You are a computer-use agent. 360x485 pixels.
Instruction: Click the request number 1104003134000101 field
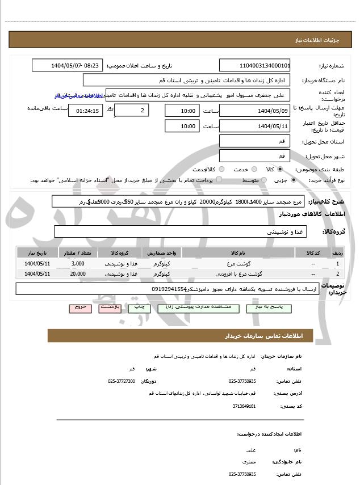[254, 65]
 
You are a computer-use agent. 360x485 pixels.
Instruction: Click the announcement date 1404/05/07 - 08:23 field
[68, 65]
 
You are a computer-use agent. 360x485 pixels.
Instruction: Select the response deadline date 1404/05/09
[254, 110]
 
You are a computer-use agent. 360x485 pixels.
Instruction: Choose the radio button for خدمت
[221, 169]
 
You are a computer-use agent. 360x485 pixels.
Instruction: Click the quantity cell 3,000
[78, 264]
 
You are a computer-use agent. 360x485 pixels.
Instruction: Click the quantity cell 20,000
[78, 274]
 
